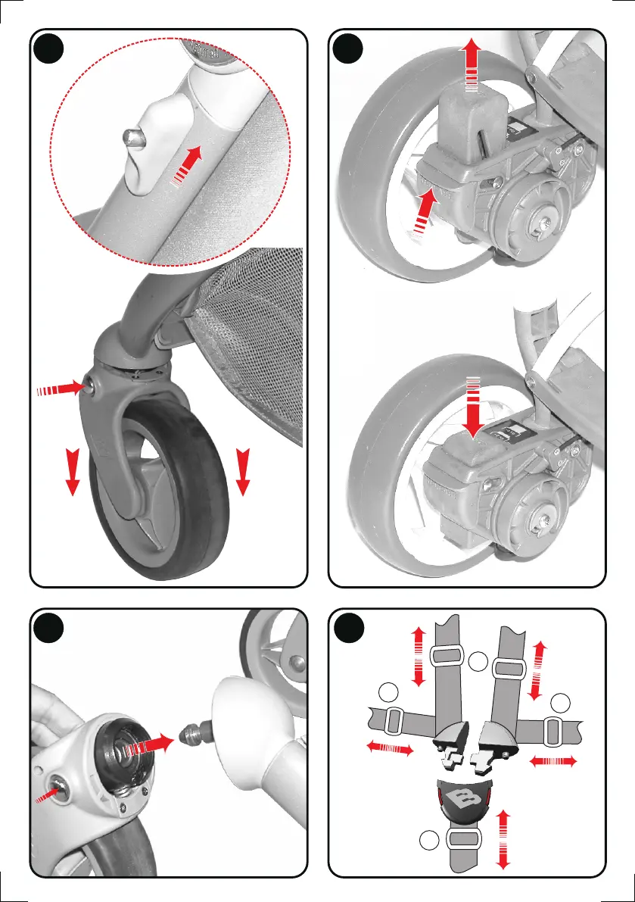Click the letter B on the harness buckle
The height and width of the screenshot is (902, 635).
click(461, 798)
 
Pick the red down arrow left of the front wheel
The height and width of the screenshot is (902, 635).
click(73, 470)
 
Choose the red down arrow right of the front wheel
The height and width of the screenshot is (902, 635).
click(243, 470)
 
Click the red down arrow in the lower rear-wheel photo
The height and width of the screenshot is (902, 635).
click(474, 409)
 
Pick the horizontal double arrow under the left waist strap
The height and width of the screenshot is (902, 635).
click(390, 749)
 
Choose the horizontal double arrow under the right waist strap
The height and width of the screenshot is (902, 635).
click(553, 760)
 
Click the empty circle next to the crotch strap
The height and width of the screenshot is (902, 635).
click(428, 841)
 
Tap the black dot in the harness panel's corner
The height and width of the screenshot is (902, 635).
click(349, 627)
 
